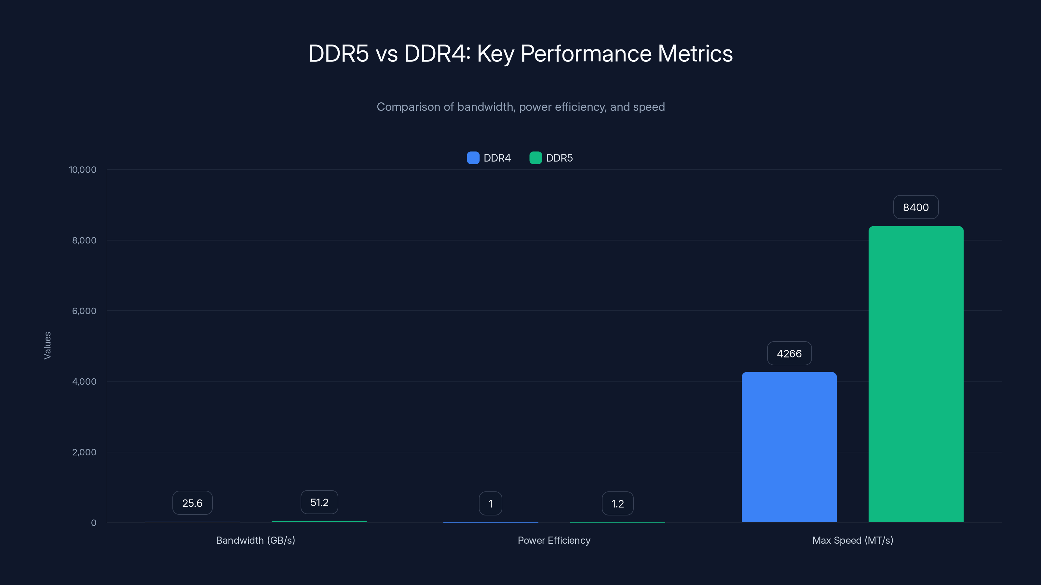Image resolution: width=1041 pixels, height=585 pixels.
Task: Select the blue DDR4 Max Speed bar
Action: pyautogui.click(x=789, y=447)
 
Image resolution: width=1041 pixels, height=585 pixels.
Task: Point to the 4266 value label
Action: pyautogui.click(x=789, y=353)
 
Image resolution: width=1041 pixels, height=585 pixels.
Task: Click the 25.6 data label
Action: pyautogui.click(x=192, y=503)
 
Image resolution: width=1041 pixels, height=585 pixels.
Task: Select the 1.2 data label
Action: pyautogui.click(x=617, y=503)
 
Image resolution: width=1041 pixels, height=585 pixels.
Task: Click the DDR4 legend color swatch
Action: pyautogui.click(x=473, y=158)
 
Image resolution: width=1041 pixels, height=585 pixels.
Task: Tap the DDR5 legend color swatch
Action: pyautogui.click(x=535, y=158)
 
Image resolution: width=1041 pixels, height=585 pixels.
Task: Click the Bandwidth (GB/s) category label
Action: pyautogui.click(x=255, y=540)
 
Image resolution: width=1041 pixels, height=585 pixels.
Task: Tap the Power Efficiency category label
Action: pyautogui.click(x=554, y=540)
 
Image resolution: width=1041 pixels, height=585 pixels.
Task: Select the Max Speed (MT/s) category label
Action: pyautogui.click(x=853, y=540)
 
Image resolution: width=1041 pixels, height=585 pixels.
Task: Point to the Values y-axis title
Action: pyautogui.click(x=47, y=345)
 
